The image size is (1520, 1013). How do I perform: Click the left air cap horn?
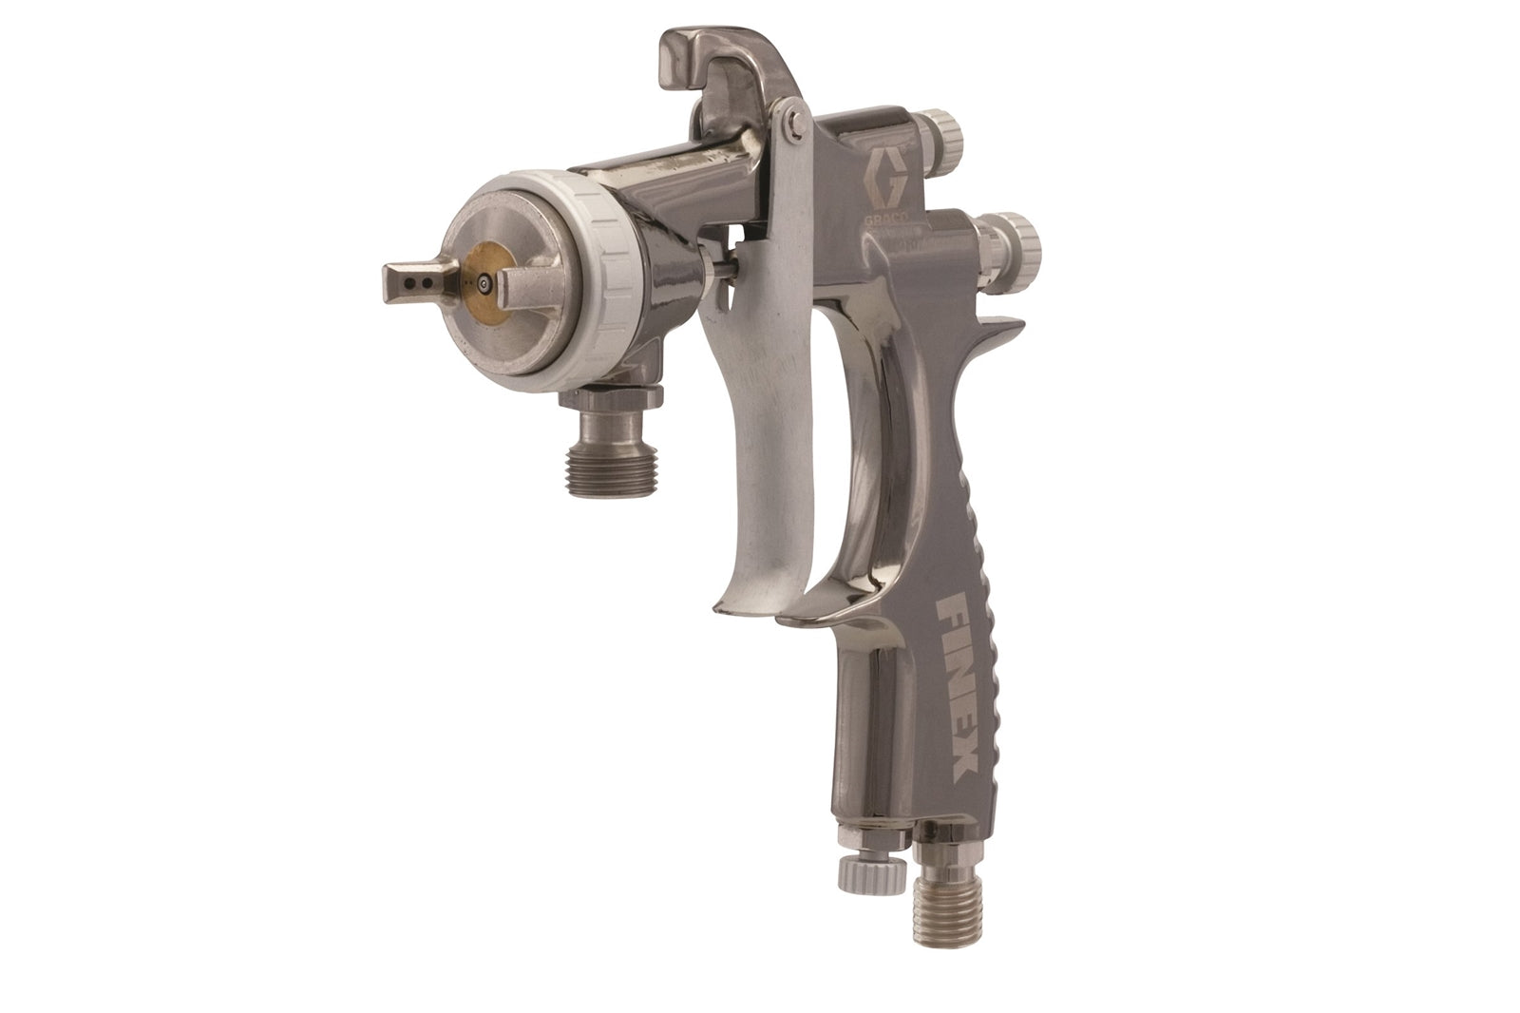[x=410, y=281]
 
